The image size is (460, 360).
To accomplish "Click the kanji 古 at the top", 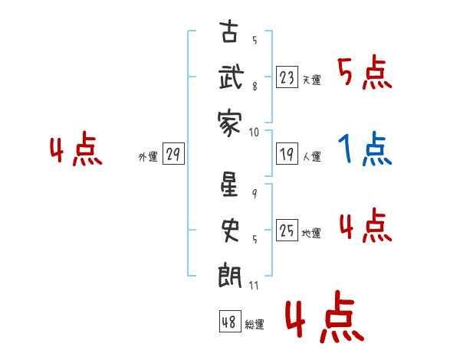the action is click(229, 31).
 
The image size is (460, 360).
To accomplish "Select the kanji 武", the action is click(232, 77).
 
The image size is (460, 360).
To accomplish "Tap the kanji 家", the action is click(229, 123).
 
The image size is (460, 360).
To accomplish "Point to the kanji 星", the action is click(229, 184).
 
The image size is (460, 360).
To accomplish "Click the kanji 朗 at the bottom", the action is click(230, 275).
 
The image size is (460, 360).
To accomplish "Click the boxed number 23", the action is click(287, 77).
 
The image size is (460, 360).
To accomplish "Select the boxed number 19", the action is click(287, 154).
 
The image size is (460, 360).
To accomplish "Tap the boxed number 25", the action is click(287, 230).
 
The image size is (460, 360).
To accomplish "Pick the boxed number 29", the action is click(173, 154).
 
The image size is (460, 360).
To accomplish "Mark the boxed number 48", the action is click(230, 321).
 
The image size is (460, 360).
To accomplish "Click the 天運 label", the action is click(311, 80).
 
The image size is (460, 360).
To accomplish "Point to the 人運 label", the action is click(312, 156).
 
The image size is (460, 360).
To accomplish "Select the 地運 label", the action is click(311, 234).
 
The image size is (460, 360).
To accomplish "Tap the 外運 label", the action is click(148, 157).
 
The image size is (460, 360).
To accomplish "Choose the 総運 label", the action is click(255, 325).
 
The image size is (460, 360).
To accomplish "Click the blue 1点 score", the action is click(365, 149).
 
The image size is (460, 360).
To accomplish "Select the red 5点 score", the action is click(365, 72).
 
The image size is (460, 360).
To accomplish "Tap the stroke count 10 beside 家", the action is click(254, 133).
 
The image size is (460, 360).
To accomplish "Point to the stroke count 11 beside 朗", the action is click(254, 286).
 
